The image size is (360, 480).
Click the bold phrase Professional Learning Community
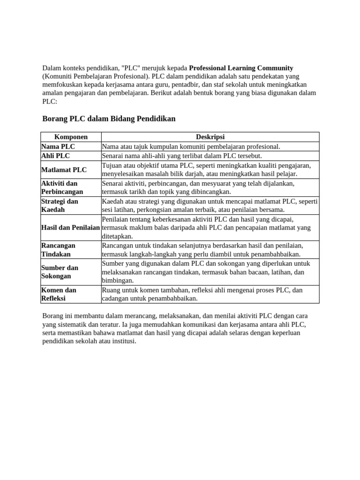click(241, 68)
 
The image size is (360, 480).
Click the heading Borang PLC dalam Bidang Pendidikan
click(109, 119)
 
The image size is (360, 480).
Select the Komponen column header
click(71, 137)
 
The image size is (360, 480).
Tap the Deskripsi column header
click(210, 137)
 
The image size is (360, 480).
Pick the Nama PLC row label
click(58, 146)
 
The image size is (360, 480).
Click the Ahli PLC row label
click(56, 156)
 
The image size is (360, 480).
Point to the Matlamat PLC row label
click(64, 170)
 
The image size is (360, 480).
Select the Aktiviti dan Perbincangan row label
click(62, 187)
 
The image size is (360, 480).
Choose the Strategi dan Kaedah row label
click(60, 205)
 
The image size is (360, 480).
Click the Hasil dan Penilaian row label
click(71, 227)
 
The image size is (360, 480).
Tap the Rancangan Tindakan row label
click(59, 249)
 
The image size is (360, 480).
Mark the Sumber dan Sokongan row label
click(60, 272)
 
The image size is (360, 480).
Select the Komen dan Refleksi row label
click(59, 294)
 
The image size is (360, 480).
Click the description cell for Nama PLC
click(191, 146)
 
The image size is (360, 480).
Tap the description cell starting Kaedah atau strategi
click(210, 205)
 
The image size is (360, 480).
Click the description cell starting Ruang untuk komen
click(202, 294)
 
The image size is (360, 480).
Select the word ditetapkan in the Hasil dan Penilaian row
click(117, 236)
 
